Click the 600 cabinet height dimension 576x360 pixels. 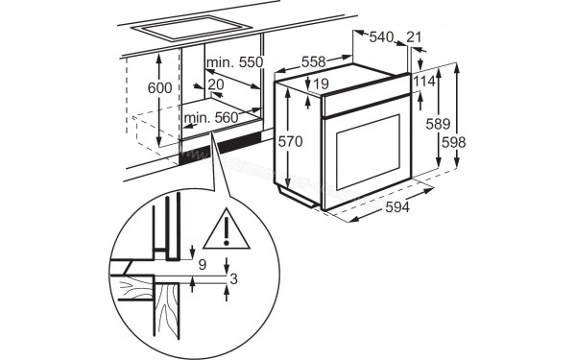pos(159,87)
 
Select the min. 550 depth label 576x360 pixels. pos(235,62)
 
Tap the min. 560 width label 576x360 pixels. pos(211,117)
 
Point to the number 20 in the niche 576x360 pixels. pos(216,84)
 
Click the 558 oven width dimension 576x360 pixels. pos(313,61)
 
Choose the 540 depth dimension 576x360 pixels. pos(381,36)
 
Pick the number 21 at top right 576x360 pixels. pos(414,36)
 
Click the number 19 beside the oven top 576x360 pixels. pos(321,84)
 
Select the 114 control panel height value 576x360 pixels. pos(424,82)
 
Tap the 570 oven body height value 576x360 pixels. pos(290,141)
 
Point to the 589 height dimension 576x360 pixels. pos(438,124)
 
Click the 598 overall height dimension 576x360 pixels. pos(454,142)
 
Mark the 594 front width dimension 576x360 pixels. pos(397,207)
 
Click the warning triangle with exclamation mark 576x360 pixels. pos(227,230)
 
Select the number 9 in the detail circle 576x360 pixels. pos(203,265)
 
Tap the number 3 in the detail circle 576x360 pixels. pos(233,278)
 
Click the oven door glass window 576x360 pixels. pos(368,152)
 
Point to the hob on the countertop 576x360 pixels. pos(191,28)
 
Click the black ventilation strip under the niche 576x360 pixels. pos(221,147)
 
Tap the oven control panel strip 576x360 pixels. pos(366,96)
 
